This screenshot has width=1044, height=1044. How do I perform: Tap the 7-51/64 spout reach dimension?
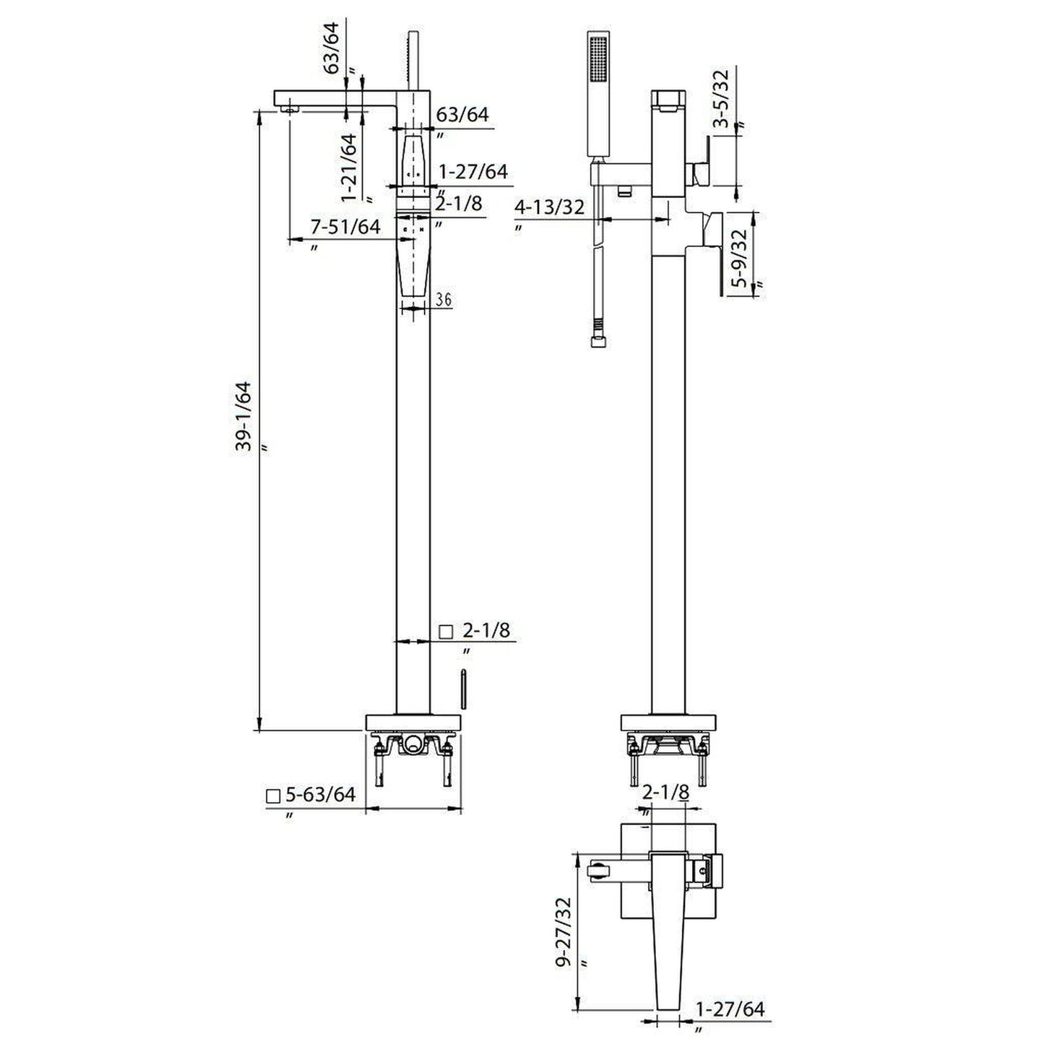(x=345, y=227)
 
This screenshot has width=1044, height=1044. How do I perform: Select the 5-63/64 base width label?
(x=321, y=794)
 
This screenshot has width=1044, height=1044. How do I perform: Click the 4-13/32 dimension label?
(x=549, y=207)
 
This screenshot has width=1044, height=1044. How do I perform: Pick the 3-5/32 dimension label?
(x=721, y=98)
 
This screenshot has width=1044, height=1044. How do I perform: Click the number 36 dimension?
(x=443, y=300)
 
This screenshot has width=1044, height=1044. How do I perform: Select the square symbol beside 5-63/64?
(x=272, y=796)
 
